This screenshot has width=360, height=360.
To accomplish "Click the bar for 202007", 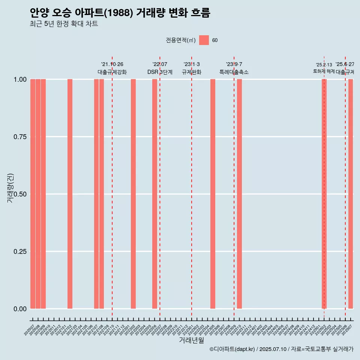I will point(33,194).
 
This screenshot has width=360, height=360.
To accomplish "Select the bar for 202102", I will point(70,194).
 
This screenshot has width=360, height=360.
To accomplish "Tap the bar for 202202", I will point(133,194).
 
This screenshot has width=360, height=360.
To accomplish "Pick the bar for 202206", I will point(154,194).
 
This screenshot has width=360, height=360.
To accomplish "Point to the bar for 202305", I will point(213,194).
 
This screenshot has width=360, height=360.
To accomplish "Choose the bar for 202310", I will point(239,194).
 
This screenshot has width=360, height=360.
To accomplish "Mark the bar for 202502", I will point(324,194).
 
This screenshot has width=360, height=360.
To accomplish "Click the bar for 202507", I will point(351,194).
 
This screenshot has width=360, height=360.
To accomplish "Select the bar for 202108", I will point(102,194).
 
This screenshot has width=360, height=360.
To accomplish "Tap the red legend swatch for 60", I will point(204,40).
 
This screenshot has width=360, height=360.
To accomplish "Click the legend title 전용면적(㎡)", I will point(180,40).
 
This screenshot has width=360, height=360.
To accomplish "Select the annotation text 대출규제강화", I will point(112,72).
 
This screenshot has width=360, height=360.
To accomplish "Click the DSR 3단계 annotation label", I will point(160,72).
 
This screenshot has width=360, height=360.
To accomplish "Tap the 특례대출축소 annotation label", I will point(234,72).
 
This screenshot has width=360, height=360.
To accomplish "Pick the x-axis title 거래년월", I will point(192,340).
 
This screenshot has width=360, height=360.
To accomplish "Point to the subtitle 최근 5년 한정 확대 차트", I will point(64,24).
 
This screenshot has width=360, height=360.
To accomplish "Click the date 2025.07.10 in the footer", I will point(273,349).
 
